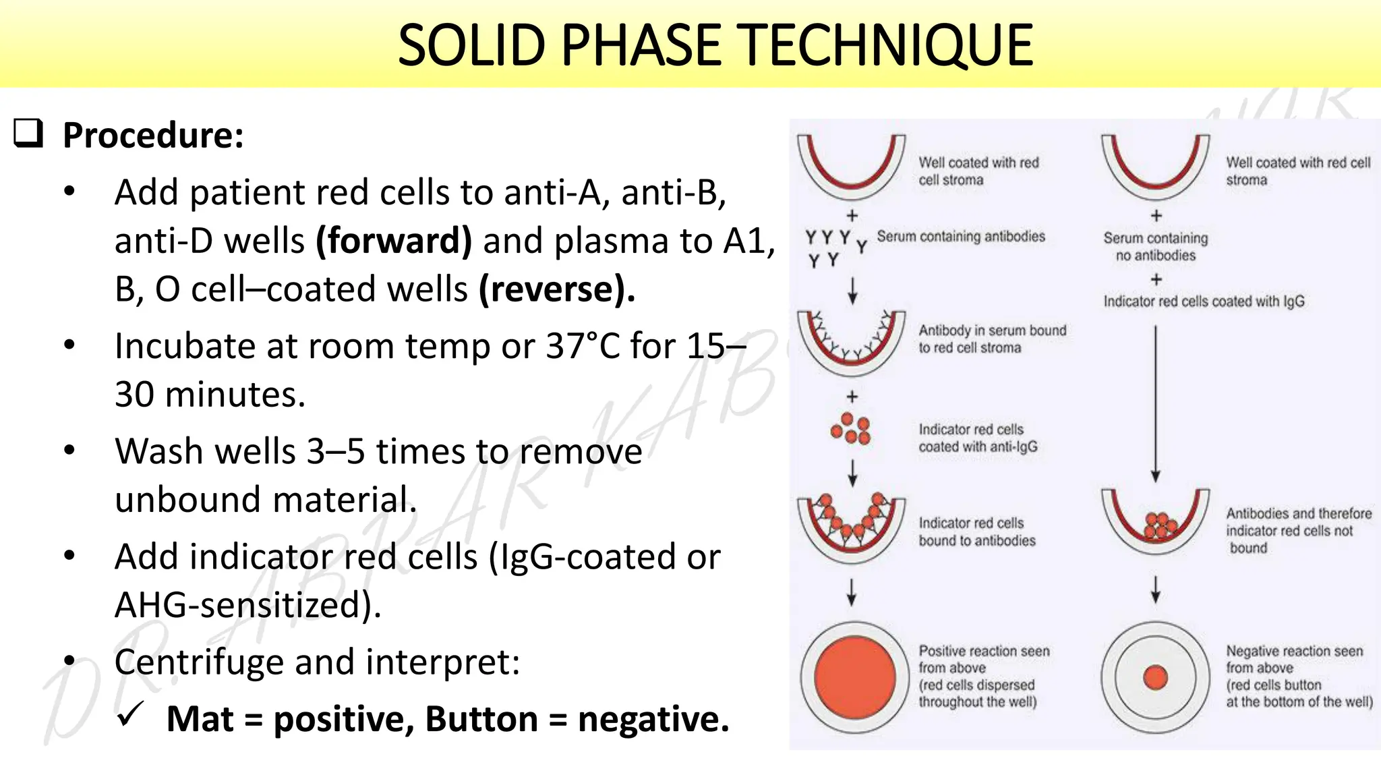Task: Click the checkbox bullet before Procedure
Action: pos(28,133)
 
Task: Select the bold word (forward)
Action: pos(394,241)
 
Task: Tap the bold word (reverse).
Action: pos(557,289)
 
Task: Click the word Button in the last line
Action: pos(481,719)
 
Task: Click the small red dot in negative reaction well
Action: pos(1155,677)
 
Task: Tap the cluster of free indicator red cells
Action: pos(851,429)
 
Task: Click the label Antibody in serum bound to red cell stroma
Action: pos(992,339)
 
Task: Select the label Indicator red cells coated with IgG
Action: pos(1204,301)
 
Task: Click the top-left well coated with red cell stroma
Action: pos(851,166)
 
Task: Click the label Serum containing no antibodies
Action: pos(1155,246)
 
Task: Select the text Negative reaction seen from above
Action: pos(1293,659)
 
